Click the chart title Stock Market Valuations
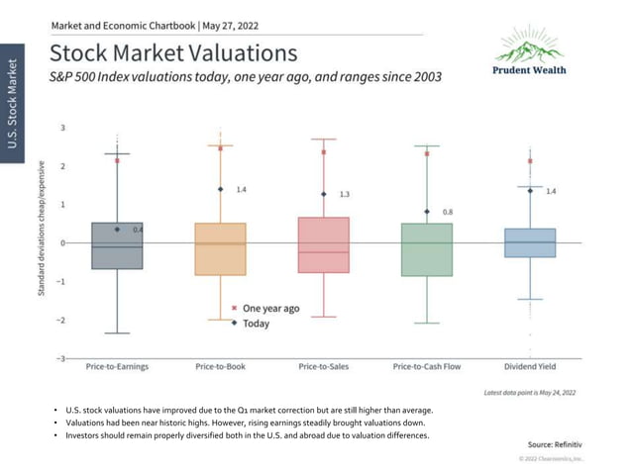(172, 52)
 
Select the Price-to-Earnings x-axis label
(117, 367)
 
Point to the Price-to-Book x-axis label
(220, 367)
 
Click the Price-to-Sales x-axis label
(323, 367)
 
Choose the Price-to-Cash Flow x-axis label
(427, 367)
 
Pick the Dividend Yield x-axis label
(530, 367)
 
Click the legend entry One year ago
(269, 309)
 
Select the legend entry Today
(257, 323)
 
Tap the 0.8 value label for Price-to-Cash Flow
(447, 212)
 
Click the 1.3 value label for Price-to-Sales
(344, 195)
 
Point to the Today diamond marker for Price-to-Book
(220, 189)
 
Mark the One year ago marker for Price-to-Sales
(323, 152)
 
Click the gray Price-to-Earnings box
(117, 245)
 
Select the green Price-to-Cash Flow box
(427, 249)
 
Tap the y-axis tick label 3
(62, 128)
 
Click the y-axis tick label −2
(61, 320)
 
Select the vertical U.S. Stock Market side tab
(14, 104)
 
